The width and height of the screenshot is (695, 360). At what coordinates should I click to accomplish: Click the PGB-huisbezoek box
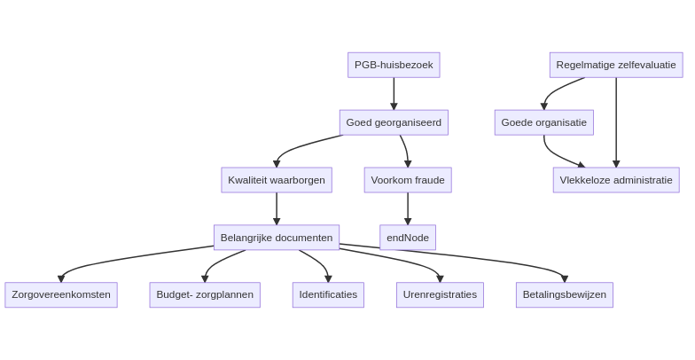(x=394, y=66)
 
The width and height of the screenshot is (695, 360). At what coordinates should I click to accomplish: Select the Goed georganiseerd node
(x=394, y=122)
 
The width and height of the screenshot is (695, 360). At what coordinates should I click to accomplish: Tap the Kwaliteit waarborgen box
(x=277, y=180)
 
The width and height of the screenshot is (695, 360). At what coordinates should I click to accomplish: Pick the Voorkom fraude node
(x=408, y=180)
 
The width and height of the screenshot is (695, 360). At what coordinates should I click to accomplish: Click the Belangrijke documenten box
(x=277, y=238)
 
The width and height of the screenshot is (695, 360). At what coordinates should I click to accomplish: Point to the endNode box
(x=408, y=238)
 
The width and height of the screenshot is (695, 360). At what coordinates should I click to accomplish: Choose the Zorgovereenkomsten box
(x=61, y=294)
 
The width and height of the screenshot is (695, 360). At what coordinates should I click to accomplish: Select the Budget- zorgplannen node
(x=205, y=294)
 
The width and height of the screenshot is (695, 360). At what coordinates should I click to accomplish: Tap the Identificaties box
(x=328, y=294)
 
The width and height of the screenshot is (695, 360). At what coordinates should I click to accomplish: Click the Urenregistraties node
(x=440, y=294)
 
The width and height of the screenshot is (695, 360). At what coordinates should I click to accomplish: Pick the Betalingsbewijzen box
(x=564, y=294)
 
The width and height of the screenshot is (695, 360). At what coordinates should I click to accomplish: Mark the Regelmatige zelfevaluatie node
(x=616, y=66)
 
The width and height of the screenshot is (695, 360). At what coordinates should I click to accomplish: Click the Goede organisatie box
(x=544, y=122)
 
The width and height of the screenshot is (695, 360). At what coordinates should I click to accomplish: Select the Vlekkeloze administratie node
(x=616, y=180)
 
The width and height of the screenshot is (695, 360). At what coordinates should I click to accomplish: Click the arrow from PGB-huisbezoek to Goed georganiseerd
(x=394, y=94)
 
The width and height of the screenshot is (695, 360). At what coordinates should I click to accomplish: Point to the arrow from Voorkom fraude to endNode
(x=408, y=209)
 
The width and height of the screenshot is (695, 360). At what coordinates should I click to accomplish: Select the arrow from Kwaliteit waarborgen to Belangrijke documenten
(x=277, y=209)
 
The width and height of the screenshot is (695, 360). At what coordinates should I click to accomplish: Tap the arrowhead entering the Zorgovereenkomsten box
(x=61, y=278)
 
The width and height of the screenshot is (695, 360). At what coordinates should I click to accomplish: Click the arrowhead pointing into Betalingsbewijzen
(x=564, y=278)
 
